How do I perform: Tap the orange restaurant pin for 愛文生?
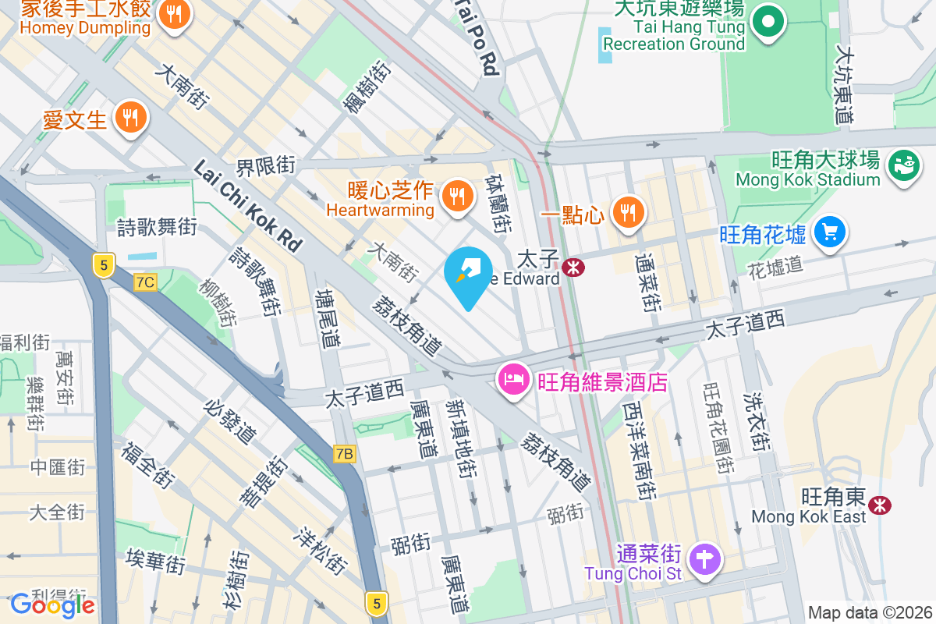coord(130,119)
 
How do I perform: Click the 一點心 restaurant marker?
coord(627,211)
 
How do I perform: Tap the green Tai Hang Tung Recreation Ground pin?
coord(768,20)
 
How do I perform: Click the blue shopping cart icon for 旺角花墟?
coord(829,232)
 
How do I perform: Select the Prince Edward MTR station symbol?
coord(573,268)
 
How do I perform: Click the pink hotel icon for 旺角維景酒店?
coord(512,381)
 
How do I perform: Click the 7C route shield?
coord(144,282)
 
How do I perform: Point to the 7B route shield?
coord(344,453)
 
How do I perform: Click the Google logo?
coord(52,604)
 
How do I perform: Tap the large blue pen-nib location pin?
coord(468,275)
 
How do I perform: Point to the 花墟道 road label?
coord(775,266)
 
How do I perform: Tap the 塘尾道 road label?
coord(328,317)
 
